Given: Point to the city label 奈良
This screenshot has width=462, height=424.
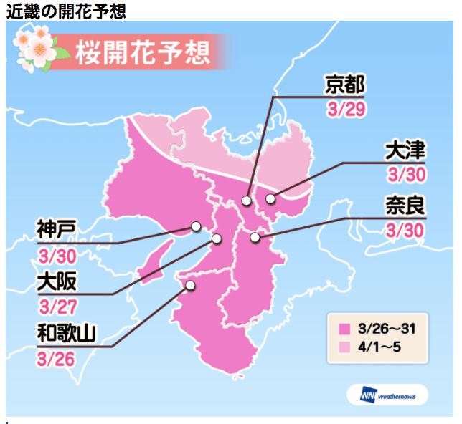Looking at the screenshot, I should [x=405, y=207].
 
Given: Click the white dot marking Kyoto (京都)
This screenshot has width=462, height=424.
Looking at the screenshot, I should [x=246, y=201].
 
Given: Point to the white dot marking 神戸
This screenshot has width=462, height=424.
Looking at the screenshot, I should [x=195, y=227].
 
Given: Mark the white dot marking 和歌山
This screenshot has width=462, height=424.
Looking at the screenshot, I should [x=190, y=285].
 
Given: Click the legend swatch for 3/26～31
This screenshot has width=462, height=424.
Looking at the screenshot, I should [x=344, y=329].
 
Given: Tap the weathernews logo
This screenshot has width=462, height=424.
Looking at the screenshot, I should [x=387, y=395].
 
